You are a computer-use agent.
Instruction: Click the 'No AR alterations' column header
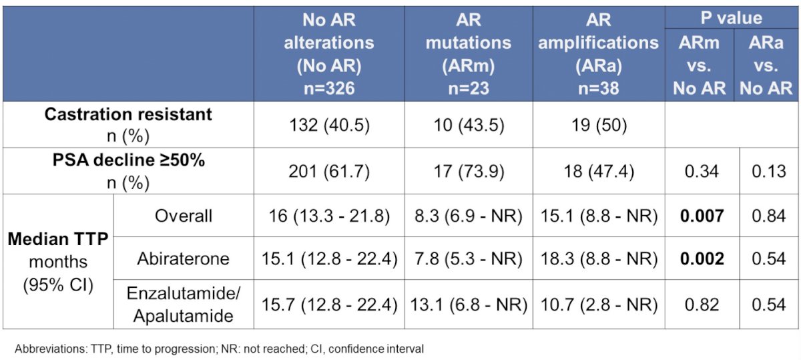click(x=329, y=53)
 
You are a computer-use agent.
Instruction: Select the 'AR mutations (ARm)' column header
click(x=469, y=53)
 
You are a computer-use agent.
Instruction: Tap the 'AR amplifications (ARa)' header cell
click(x=598, y=53)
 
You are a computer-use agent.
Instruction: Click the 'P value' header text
click(x=732, y=18)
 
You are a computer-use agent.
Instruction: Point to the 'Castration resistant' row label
click(x=128, y=114)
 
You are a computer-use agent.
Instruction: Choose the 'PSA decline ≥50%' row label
click(x=129, y=160)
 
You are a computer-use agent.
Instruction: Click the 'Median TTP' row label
click(x=58, y=239)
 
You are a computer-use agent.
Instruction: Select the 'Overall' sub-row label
click(x=184, y=216)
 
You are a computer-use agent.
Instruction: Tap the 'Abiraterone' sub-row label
click(x=183, y=258)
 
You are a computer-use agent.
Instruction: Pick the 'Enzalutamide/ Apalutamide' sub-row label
click(x=184, y=305)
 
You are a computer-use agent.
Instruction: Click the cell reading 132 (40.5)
click(x=329, y=126)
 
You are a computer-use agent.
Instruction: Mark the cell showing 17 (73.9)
click(x=469, y=171)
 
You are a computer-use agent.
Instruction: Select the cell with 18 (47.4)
click(x=599, y=171)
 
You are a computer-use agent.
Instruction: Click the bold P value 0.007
click(x=702, y=216)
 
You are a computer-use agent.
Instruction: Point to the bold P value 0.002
click(x=702, y=258)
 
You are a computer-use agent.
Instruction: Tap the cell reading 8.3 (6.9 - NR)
click(x=469, y=216)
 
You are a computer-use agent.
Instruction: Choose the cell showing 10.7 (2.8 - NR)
click(x=599, y=305)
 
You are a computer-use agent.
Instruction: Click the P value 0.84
click(x=769, y=216)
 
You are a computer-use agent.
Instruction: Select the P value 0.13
click(x=769, y=171)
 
